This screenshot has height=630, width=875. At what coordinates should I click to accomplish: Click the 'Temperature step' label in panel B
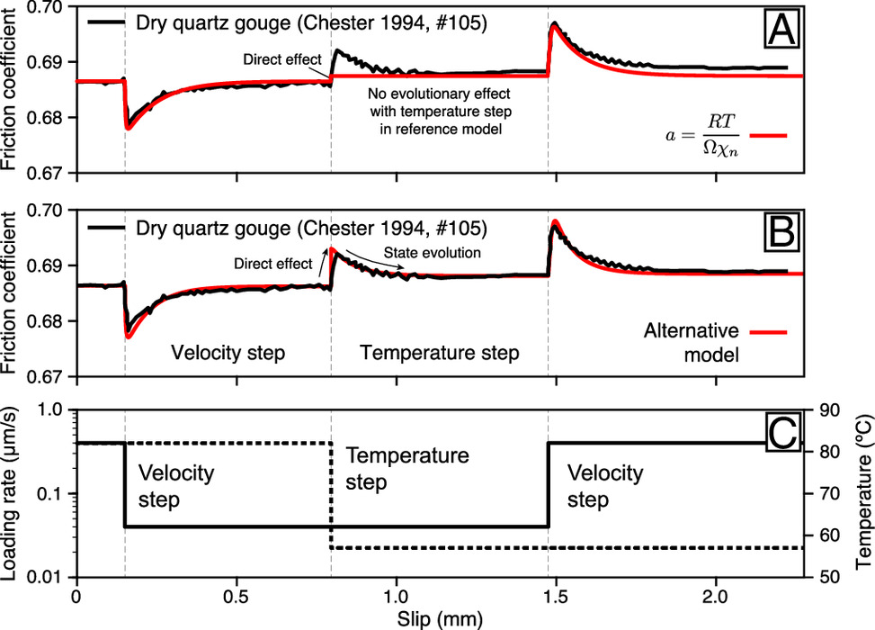point(440,354)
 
